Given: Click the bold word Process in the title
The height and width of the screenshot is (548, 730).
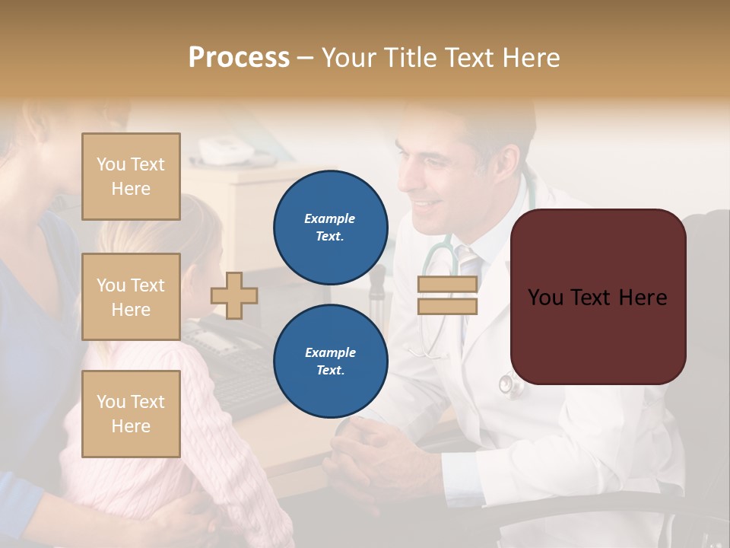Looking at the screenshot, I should coord(239,57).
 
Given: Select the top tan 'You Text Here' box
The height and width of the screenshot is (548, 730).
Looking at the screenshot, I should coord(131,177).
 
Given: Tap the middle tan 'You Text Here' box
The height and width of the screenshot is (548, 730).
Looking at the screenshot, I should coord(131,297).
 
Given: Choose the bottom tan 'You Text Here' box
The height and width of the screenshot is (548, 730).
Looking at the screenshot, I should coord(131,414).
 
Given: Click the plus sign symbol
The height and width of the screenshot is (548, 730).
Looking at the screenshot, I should coord(234,296).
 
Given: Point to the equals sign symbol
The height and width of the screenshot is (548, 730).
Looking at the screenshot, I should coord(448,295).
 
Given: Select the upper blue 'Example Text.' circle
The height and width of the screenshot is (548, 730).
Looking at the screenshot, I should coord(330,228).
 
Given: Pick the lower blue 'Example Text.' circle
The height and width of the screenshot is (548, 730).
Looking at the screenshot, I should coord(330,362).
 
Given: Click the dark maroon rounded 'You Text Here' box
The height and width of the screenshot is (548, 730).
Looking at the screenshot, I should coord(598,297).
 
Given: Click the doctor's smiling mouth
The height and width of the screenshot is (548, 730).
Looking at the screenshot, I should coord(428,205).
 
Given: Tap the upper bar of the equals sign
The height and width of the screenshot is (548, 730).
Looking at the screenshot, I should coord(448,285).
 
